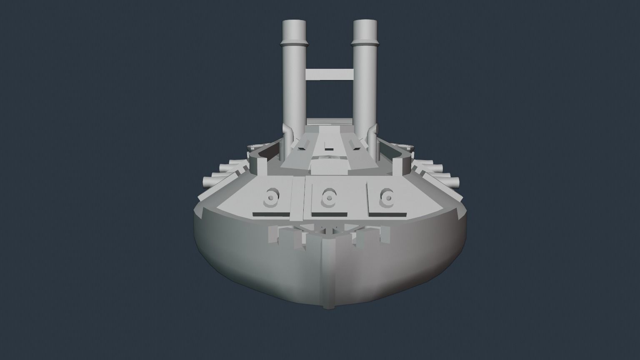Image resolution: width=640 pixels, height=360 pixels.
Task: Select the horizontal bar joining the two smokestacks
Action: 329,74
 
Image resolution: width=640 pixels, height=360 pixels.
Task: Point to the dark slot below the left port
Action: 270,214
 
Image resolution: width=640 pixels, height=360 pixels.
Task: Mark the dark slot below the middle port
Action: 329,214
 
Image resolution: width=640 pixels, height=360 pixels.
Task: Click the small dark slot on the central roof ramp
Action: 329,148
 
